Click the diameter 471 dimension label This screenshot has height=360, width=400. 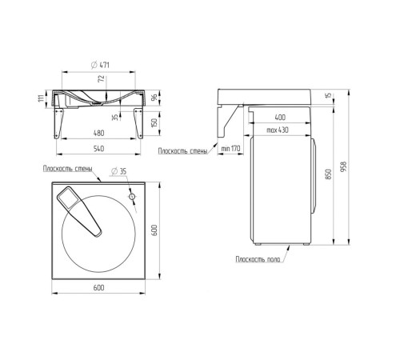[x=100, y=65]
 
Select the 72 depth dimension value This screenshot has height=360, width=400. [x=102, y=79]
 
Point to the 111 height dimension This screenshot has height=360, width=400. [x=41, y=98]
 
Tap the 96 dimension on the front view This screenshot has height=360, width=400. [x=154, y=98]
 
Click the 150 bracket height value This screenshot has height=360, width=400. [x=154, y=122]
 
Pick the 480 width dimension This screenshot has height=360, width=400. [x=98, y=133]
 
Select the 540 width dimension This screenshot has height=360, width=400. [x=98, y=149]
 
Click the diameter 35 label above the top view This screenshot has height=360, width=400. [x=118, y=171]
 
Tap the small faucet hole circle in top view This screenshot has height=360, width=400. [x=132, y=197]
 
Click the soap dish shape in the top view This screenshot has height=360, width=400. [x=79, y=210]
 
